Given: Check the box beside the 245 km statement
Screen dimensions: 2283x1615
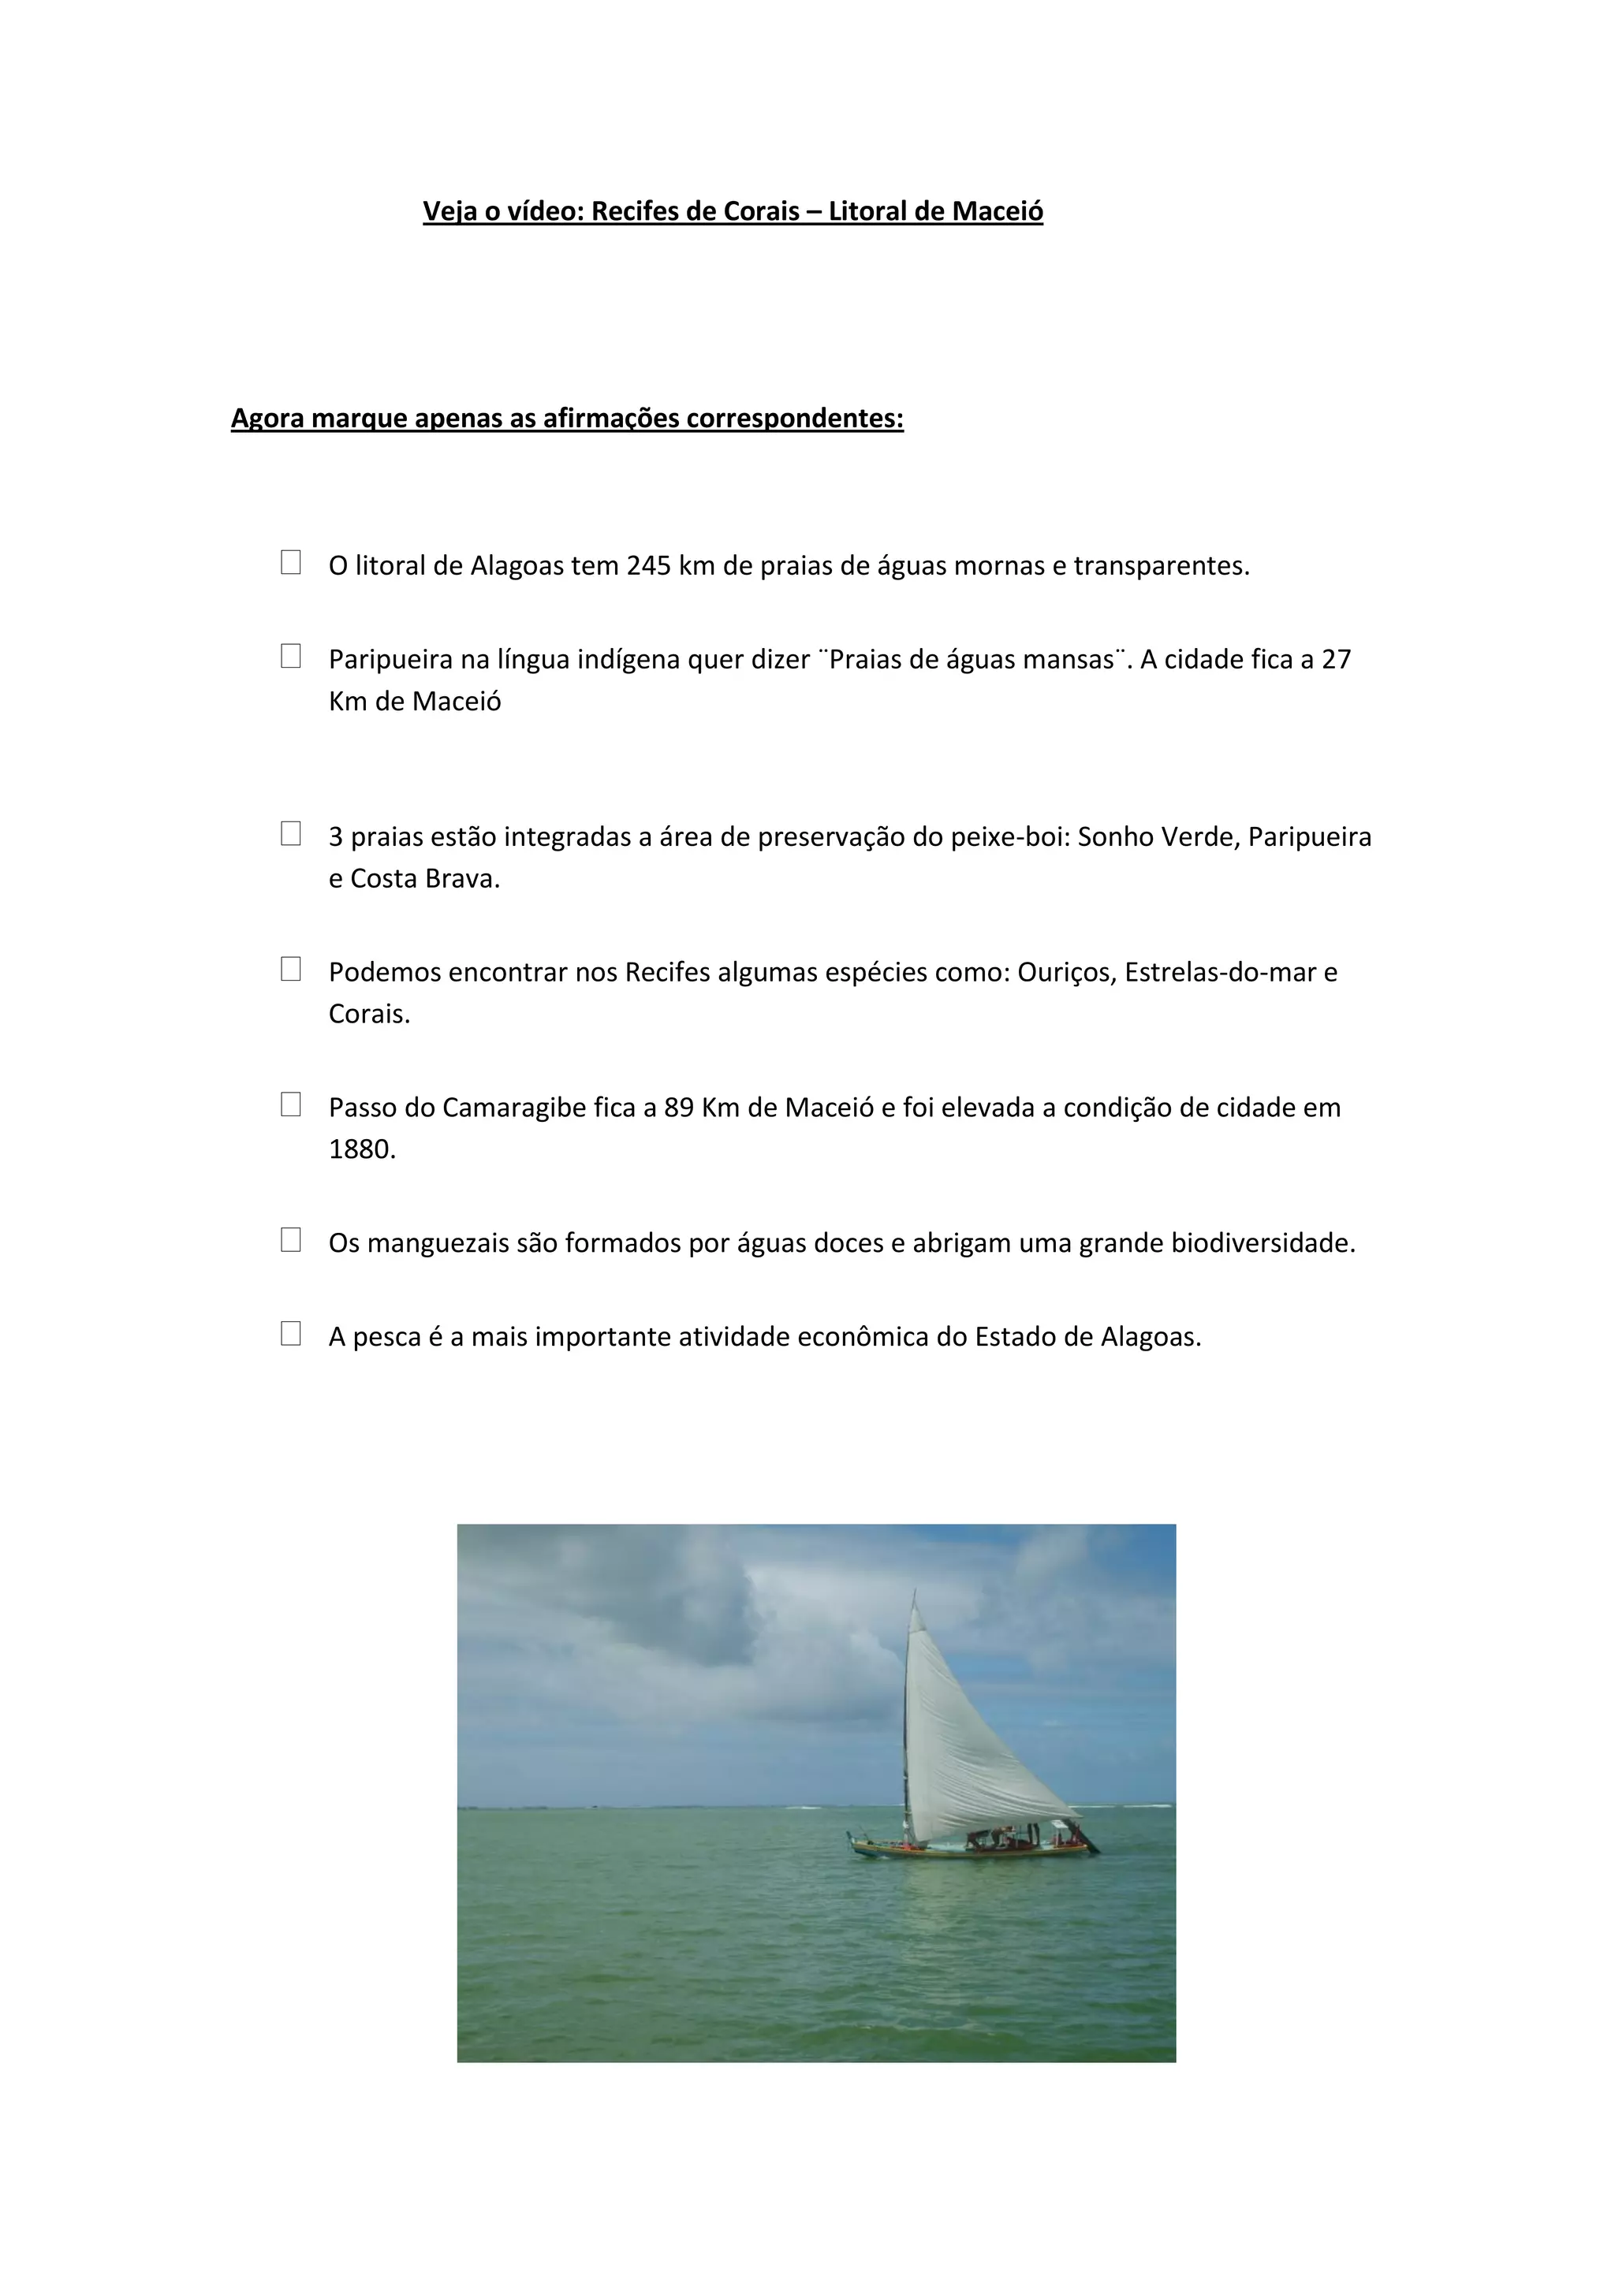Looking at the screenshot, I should pos(290,562).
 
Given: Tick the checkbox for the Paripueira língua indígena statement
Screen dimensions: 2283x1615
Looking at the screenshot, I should pos(290,656).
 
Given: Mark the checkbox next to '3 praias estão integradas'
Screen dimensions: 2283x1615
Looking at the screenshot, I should pos(290,833).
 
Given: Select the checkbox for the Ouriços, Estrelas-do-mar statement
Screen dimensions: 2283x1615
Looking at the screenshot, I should pos(290,969).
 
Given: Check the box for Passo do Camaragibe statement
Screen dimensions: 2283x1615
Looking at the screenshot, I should pos(290,1104).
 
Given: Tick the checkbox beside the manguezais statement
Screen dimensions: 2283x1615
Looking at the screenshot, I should pos(290,1239).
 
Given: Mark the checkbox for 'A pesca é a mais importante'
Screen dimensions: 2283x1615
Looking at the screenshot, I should pos(290,1333).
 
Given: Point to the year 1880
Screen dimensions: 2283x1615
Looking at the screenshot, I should pos(362,1149).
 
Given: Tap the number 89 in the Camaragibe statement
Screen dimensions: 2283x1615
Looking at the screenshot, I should pos(678,1108).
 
